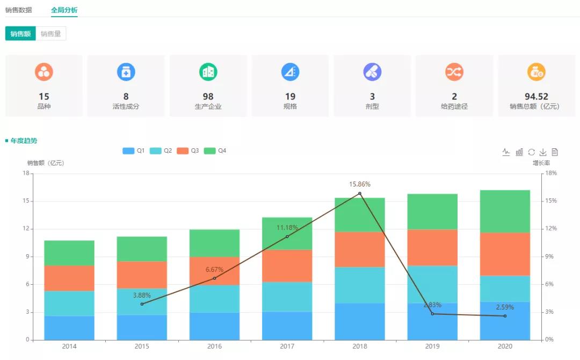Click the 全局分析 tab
pos(64,10)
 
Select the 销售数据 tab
pos(19,10)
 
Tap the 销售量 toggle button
pos(51,34)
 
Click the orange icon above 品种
pos(44,71)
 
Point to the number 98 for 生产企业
pos(208,97)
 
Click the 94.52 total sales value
pos(536,97)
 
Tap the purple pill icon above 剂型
pos(372,71)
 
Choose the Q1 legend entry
pos(134,151)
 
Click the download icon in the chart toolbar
pos(543,152)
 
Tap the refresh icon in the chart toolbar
pos(531,152)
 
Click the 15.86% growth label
pos(360,184)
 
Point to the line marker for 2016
pos(214,278)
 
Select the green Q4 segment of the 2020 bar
pos(505,211)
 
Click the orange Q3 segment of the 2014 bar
pos(69,278)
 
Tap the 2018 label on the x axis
pos(360,347)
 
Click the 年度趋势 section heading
pos(24,141)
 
